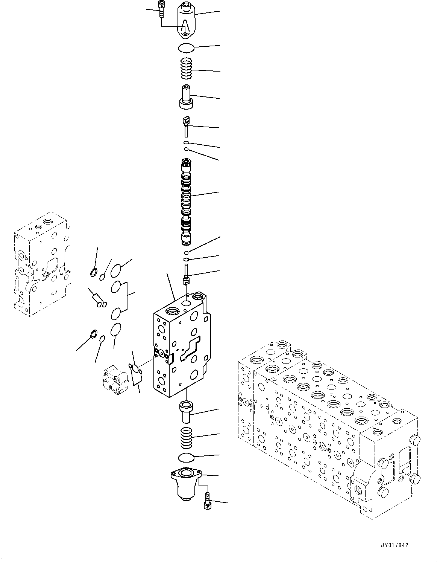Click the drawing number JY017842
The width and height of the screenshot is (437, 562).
point(393,545)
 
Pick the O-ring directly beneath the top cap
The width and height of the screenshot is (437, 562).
point(186,47)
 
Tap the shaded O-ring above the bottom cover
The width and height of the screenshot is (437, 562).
point(187,457)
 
